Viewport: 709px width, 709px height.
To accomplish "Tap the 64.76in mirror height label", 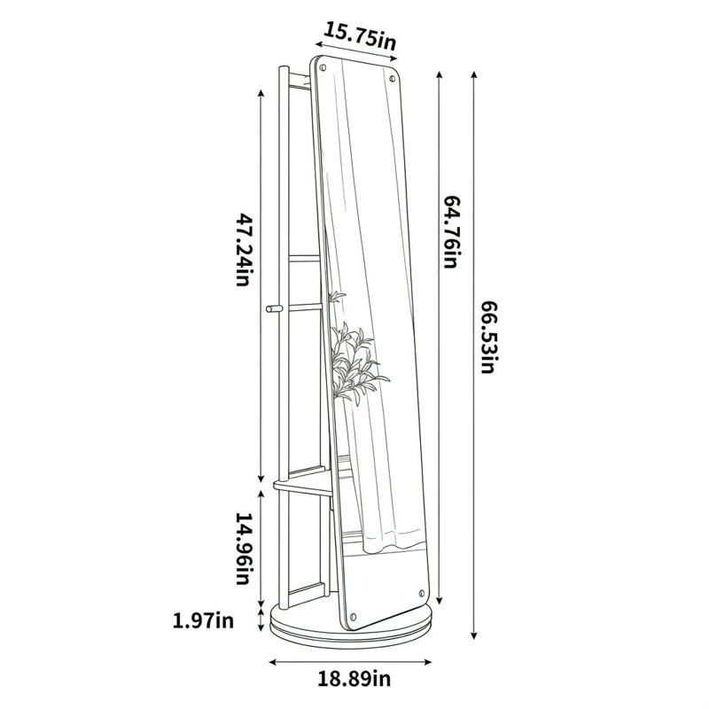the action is [451, 231].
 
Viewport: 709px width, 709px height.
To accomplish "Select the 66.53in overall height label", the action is [489, 337].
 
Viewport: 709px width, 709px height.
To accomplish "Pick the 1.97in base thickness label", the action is [204, 619].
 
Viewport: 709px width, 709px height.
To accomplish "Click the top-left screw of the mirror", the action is [323, 68].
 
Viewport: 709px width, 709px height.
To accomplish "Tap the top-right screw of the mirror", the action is [393, 79].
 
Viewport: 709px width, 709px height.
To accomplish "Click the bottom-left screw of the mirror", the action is [353, 616].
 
